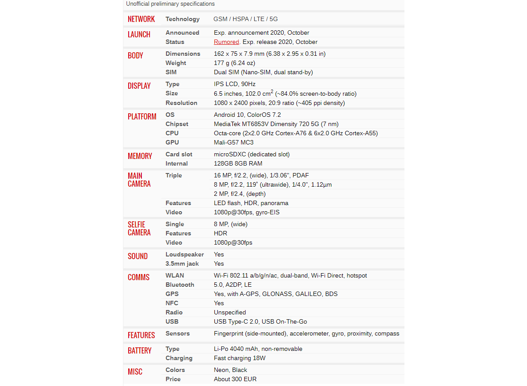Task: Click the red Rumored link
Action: click(x=226, y=42)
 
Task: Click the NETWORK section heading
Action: click(x=141, y=19)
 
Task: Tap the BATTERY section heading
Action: click(x=139, y=350)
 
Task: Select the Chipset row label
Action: click(x=177, y=124)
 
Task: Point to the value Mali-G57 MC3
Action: click(x=234, y=142)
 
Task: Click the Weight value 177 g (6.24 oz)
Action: click(x=234, y=63)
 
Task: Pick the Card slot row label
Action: click(x=179, y=154)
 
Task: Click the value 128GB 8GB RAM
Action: click(x=238, y=163)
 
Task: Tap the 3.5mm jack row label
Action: click(x=182, y=263)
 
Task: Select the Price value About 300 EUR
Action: click(x=235, y=379)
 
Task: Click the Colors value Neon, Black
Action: click(x=230, y=370)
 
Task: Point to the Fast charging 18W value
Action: click(x=239, y=358)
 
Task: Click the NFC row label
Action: click(x=172, y=303)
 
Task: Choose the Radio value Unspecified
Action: click(x=230, y=312)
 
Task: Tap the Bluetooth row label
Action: click(x=180, y=285)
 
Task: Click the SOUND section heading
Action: click(x=137, y=256)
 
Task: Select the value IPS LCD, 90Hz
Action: click(x=235, y=84)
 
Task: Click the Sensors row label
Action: click(x=177, y=333)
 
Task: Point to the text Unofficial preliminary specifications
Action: click(x=170, y=4)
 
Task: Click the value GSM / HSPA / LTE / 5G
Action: click(x=245, y=19)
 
